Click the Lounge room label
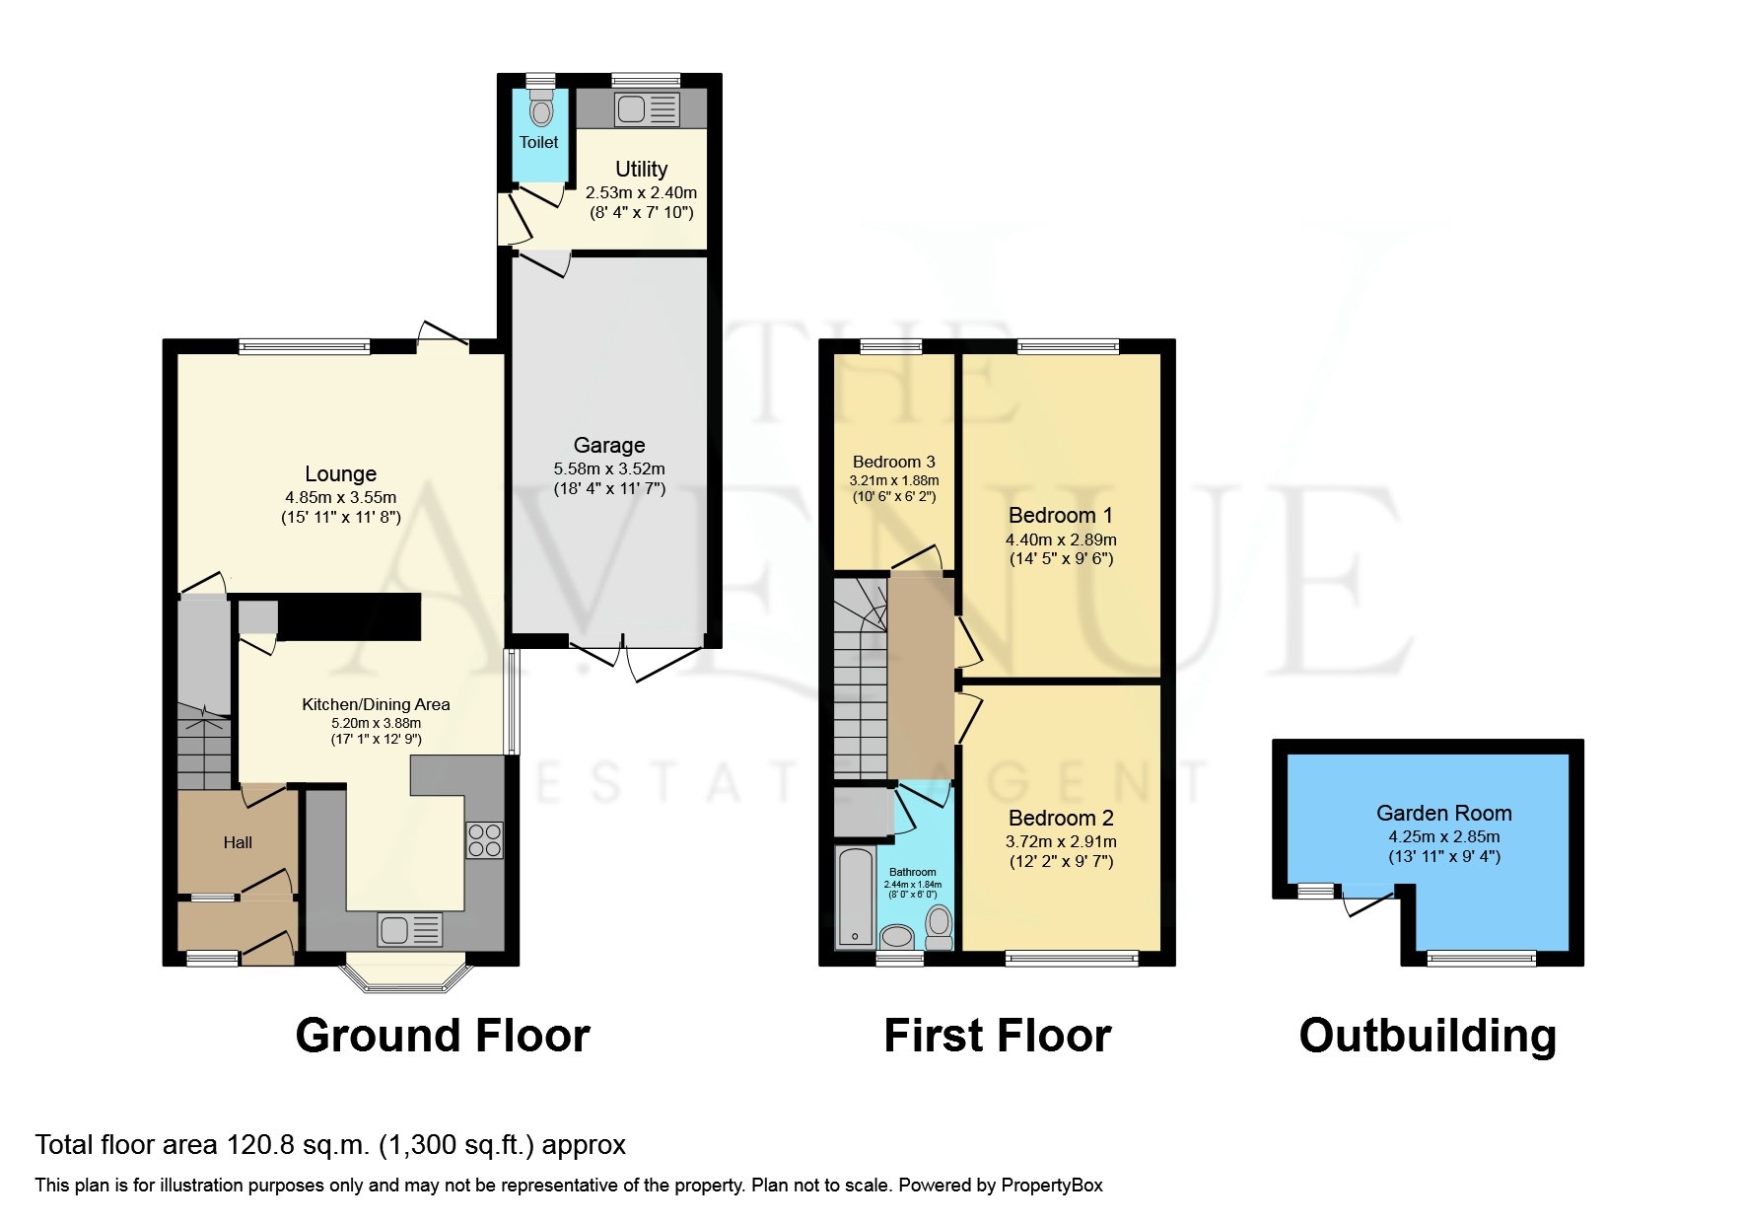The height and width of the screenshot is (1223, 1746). click(x=340, y=474)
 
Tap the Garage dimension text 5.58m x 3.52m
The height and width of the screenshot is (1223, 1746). click(x=609, y=468)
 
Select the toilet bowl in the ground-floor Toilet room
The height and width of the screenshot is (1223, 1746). click(x=539, y=108)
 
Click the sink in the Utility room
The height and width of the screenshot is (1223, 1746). click(x=632, y=108)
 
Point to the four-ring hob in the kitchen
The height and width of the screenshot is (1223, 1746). click(x=484, y=840)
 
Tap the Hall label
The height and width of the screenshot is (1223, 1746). click(x=238, y=842)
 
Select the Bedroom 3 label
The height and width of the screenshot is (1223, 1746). click(x=893, y=462)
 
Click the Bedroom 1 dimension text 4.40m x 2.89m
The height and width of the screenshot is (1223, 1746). click(x=1061, y=540)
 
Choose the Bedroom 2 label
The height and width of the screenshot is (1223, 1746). click(x=1061, y=818)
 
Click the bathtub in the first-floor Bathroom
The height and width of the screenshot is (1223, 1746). click(x=854, y=898)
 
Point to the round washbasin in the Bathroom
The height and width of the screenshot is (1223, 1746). click(x=897, y=936)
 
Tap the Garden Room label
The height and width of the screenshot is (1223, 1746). click(x=1443, y=814)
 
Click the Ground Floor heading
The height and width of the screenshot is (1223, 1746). click(x=443, y=1036)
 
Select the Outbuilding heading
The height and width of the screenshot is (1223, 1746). click(x=1427, y=1036)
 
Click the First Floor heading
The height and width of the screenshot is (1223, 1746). click(x=997, y=1036)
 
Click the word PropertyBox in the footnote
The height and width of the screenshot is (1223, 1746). click(x=1051, y=1186)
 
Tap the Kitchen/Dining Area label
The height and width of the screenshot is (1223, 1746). click(x=376, y=704)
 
